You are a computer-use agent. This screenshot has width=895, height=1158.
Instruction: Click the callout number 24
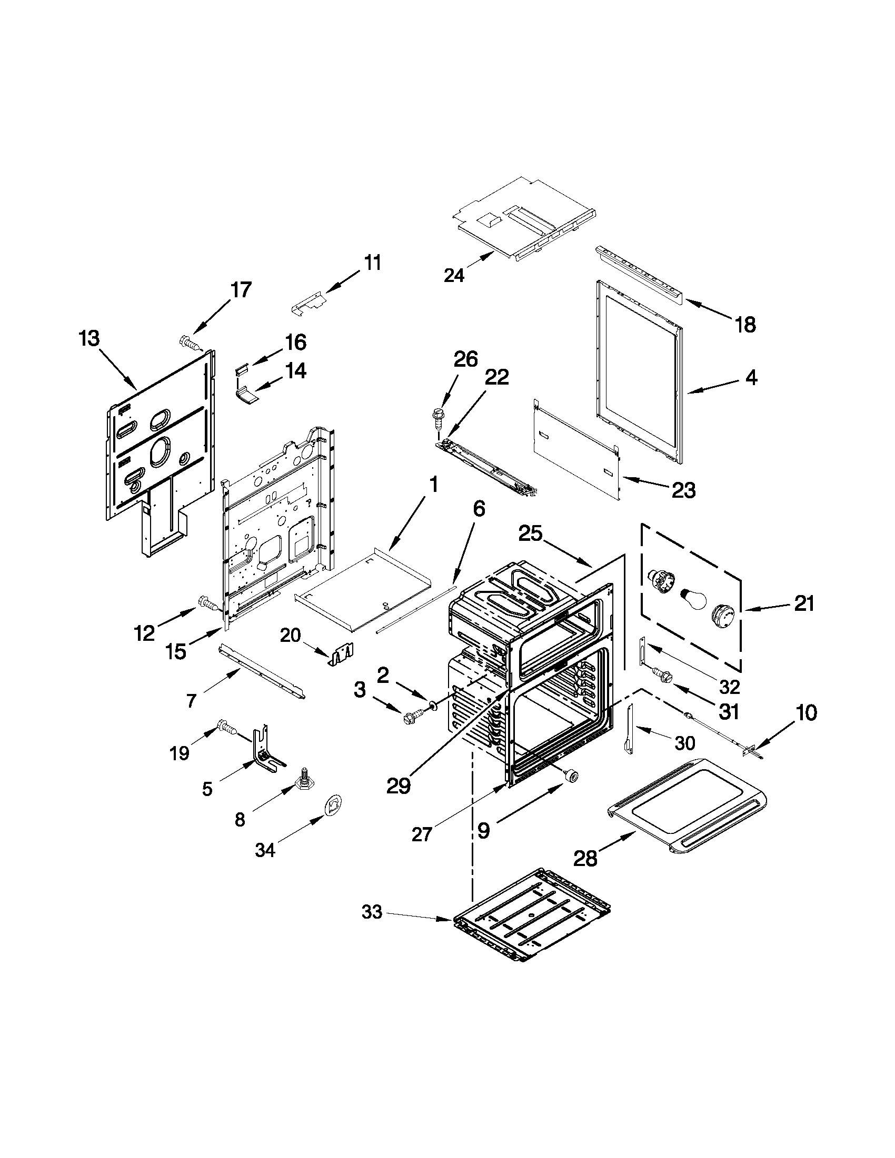[454, 276]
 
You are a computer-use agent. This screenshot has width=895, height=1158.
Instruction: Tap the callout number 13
[89, 338]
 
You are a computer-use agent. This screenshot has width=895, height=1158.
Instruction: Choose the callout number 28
[585, 858]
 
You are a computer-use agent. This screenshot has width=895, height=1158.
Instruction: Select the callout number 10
[806, 713]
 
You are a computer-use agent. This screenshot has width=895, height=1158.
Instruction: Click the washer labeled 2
[433, 704]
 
